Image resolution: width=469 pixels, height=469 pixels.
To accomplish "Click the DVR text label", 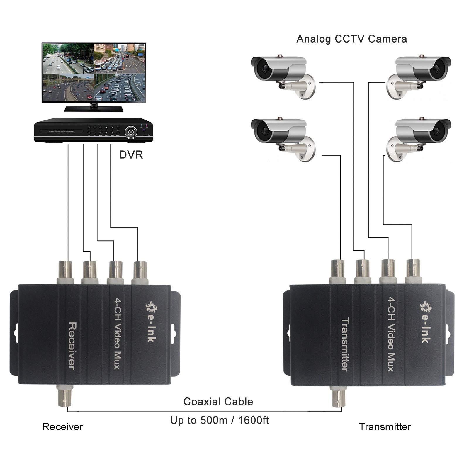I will pyautogui.click(x=131, y=154).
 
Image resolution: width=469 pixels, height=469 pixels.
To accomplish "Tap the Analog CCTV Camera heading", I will pyautogui.click(x=351, y=39).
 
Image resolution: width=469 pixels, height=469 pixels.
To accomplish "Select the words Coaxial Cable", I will pyautogui.click(x=218, y=401).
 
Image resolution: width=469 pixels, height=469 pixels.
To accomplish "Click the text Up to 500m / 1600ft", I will pyautogui.click(x=219, y=420).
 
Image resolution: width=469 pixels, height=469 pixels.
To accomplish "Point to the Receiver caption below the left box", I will pyautogui.click(x=62, y=426).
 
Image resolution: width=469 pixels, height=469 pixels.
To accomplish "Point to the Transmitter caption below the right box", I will pyautogui.click(x=385, y=426).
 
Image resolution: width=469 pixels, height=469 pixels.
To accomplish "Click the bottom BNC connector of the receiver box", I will pyautogui.click(x=65, y=397).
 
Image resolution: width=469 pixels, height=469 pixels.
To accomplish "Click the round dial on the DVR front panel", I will pyautogui.click(x=130, y=132).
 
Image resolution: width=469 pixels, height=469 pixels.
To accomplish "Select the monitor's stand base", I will pyautogui.click(x=94, y=109).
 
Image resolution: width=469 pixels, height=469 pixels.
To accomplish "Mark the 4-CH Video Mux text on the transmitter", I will pyautogui.click(x=392, y=334).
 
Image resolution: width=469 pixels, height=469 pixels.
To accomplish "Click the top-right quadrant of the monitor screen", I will pyautogui.click(x=120, y=58).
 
